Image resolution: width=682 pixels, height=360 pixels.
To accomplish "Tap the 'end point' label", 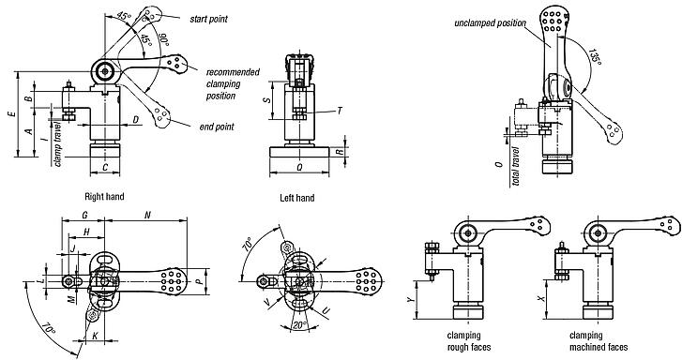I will pyautogui.click(x=218, y=127).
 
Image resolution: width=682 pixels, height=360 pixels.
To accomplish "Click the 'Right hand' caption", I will pyautogui.click(x=105, y=198).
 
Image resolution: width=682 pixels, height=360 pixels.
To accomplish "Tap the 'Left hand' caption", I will pyautogui.click(x=297, y=198).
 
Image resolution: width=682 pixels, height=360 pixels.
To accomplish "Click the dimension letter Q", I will pyautogui.click(x=297, y=170).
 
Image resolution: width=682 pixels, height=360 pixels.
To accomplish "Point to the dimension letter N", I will pyautogui.click(x=147, y=215).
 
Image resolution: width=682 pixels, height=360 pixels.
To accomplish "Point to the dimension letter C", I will pyautogui.click(x=105, y=168).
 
